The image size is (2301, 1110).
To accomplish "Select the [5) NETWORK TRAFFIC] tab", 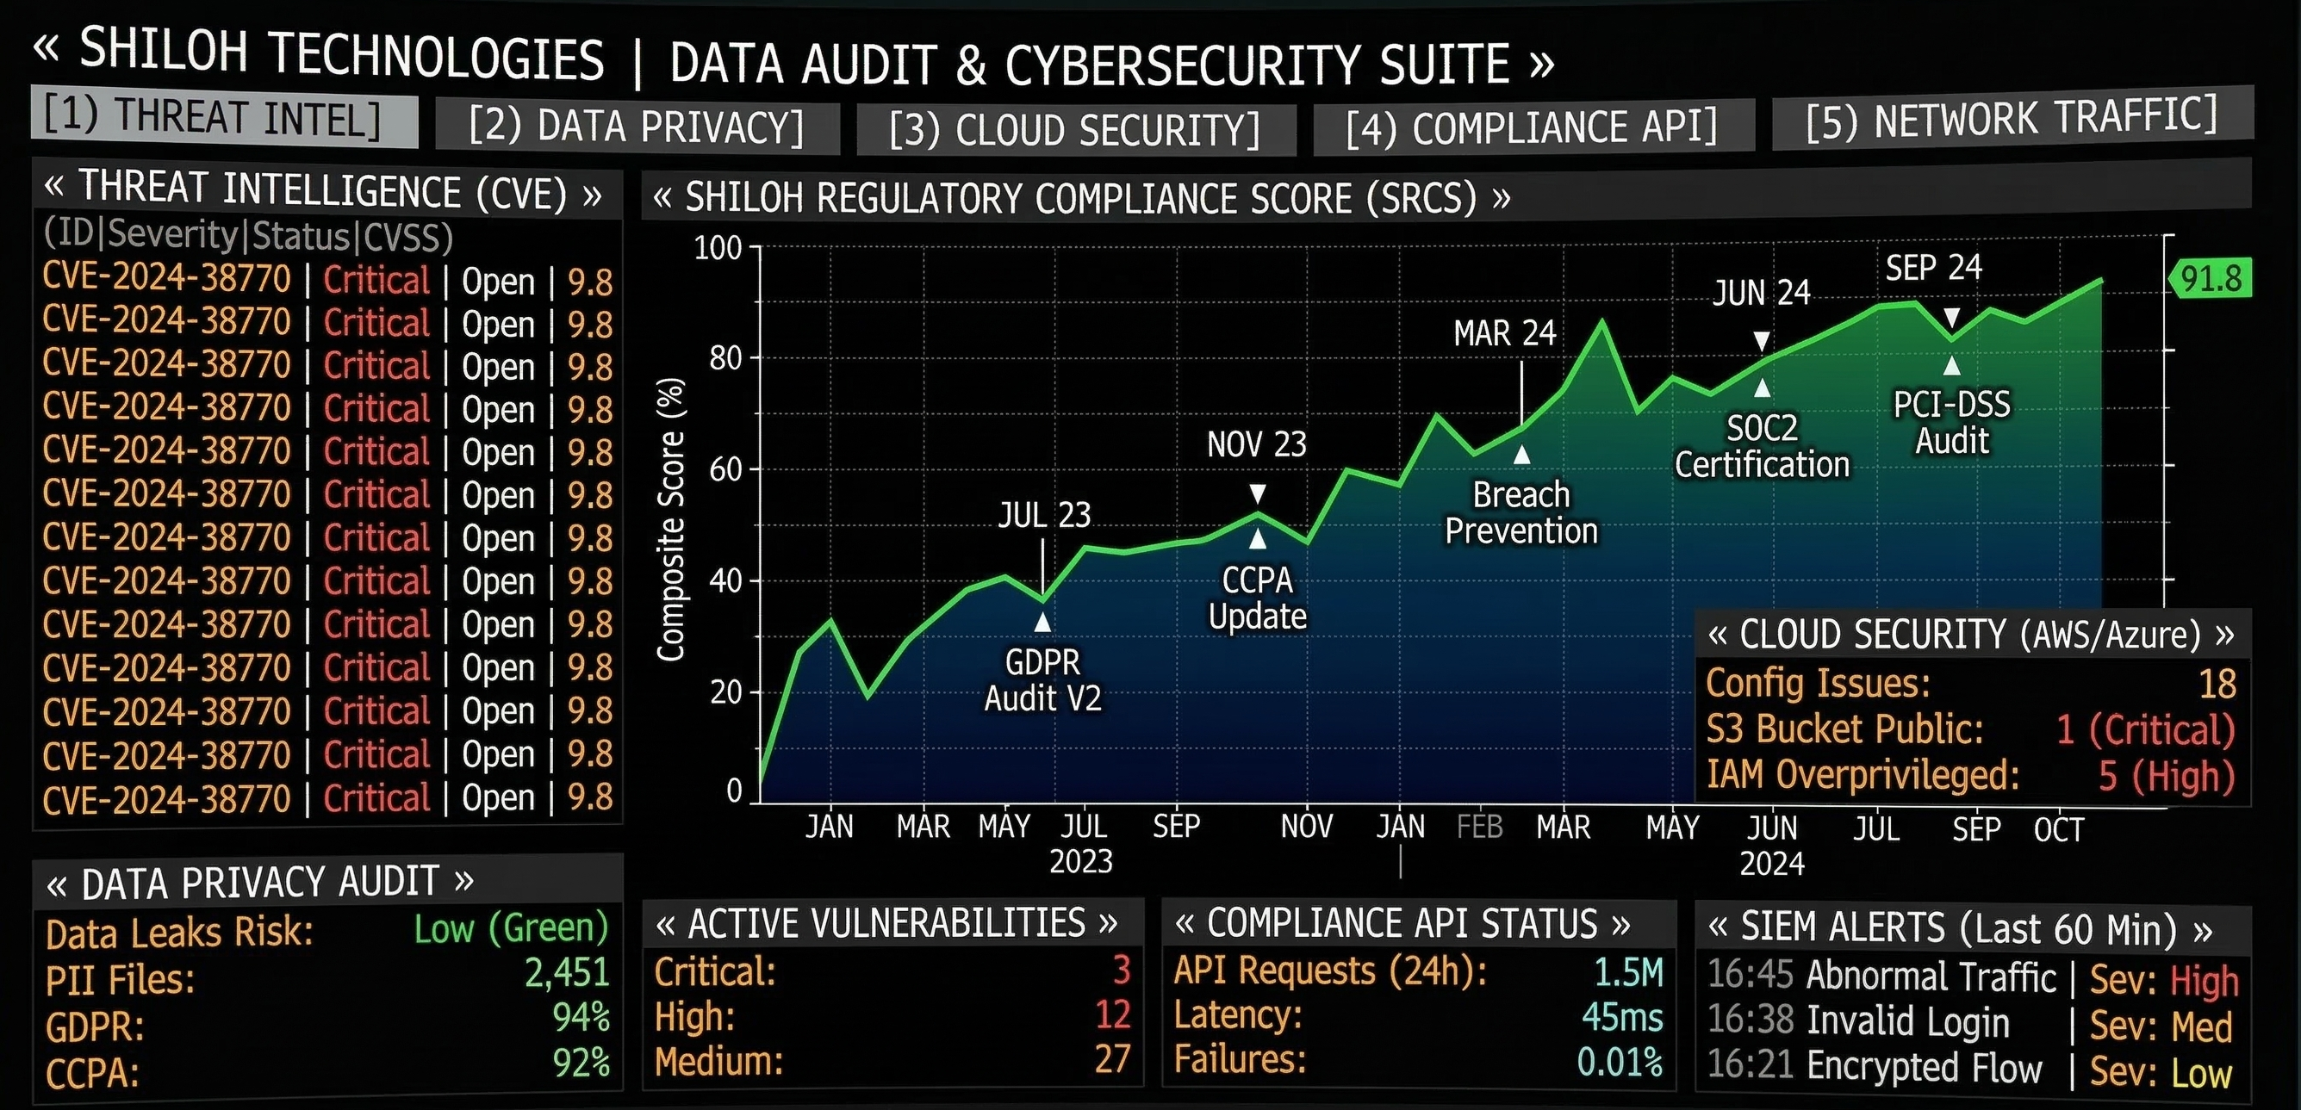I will pos(2012,119).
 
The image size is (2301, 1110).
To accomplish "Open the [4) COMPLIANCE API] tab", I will pos(1532,127).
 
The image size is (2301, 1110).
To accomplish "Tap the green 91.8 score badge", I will pos(2211,279).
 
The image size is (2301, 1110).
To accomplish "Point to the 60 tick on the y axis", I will pos(725,468).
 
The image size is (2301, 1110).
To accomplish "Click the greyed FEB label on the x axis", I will pos(1479,827).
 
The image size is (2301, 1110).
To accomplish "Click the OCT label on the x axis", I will pos(2058,829).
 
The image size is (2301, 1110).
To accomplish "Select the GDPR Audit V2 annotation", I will pos(1042,680).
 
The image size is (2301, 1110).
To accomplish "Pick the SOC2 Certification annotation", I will pos(1762,447).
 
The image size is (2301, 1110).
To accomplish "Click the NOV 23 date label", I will pos(1256,443).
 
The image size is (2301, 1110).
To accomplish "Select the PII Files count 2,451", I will pos(566,972).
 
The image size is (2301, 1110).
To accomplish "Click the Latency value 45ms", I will pos(1622,1017).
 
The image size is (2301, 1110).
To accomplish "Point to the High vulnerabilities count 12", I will pos(1113,1015).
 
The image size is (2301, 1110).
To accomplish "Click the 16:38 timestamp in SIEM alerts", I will pos(1750,1020).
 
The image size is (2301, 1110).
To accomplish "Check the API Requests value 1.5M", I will pos(1628,972).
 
